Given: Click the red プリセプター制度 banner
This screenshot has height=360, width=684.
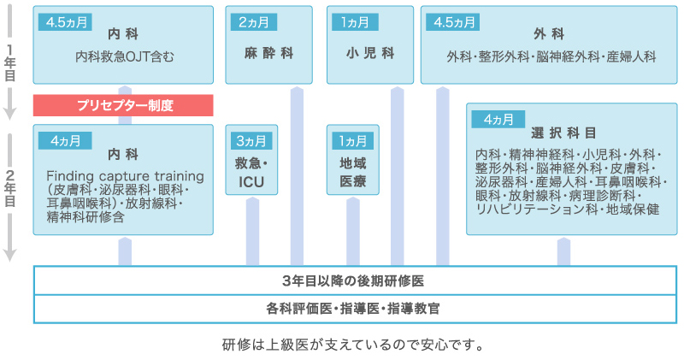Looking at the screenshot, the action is [123, 105].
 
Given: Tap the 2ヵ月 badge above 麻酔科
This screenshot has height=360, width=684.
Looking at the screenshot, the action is [253, 22].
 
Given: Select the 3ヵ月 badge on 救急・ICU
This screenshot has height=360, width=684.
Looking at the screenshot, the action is [251, 141].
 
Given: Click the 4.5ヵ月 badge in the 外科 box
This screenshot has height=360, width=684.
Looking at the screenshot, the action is [453, 22].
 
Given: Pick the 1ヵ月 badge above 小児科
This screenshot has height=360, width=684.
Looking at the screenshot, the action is [355, 22].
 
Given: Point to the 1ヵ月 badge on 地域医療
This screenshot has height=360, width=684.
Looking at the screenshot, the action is [352, 141].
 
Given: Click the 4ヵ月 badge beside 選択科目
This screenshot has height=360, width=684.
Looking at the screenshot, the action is [498, 119].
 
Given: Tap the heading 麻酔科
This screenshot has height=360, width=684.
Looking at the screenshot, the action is [268, 53].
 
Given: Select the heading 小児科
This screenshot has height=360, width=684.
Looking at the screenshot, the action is [370, 53].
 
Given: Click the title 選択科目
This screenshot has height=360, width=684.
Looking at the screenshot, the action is [563, 133].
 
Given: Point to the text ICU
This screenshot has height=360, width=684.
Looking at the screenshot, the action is [251, 182].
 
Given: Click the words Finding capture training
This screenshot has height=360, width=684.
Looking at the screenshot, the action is [125, 176].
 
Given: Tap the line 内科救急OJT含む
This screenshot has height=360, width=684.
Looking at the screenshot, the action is [125, 56].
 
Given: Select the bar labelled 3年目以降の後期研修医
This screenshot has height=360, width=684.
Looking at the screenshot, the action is [355, 280].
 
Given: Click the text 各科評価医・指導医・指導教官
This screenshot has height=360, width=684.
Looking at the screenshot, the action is [353, 309].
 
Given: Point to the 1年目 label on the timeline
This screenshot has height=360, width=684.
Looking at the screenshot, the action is [9, 62].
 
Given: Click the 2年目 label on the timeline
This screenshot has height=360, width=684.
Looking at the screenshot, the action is [9, 188].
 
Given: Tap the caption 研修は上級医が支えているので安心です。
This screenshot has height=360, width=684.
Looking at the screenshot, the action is [353, 345].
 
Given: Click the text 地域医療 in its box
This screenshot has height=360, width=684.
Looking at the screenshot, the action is [353, 173].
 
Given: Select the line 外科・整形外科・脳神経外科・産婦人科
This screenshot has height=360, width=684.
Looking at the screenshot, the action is [551, 56].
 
